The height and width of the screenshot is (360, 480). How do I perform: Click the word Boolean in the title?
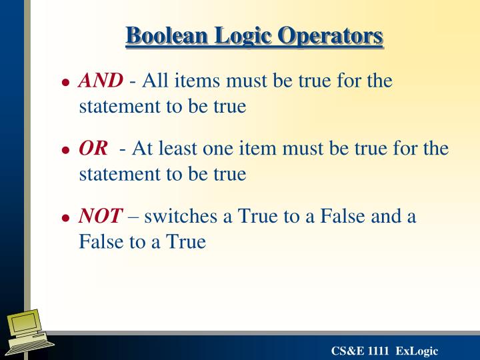[159, 35]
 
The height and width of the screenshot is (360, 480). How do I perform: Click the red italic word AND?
[101, 81]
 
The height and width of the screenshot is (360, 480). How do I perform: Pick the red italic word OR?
[93, 149]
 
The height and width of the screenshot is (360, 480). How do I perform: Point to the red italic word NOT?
[101, 216]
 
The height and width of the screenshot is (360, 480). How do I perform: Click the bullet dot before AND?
[65, 83]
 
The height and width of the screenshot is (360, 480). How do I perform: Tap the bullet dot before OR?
[65, 151]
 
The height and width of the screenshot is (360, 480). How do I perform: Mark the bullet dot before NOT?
[65, 218]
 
